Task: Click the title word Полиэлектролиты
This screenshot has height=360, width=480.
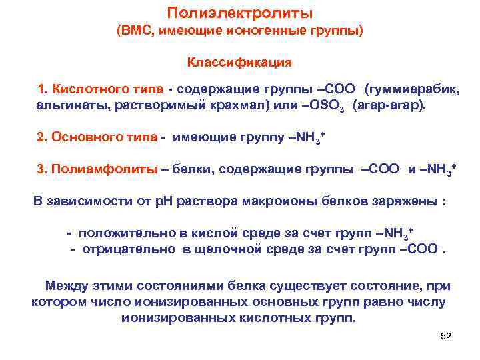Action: coord(239,13)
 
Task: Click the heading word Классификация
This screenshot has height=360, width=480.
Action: coord(239,63)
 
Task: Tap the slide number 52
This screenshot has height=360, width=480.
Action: coord(446,336)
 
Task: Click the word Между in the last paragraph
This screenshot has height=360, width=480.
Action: coord(66,286)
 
